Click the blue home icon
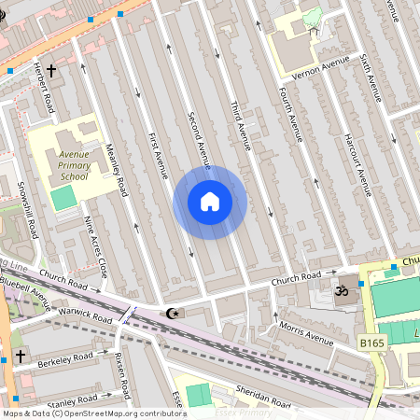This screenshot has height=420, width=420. pos(210,202)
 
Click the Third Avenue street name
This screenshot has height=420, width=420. pos(240,125)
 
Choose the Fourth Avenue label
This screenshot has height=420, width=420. pos(290,111)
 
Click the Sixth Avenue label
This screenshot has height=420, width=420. pos(371,77)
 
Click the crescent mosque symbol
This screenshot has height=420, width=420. pos(170,314)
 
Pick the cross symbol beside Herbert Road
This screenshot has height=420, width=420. pos(51,71)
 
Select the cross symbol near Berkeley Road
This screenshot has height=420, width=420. pos(21,356)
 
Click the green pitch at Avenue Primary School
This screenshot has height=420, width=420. pos(63,198)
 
